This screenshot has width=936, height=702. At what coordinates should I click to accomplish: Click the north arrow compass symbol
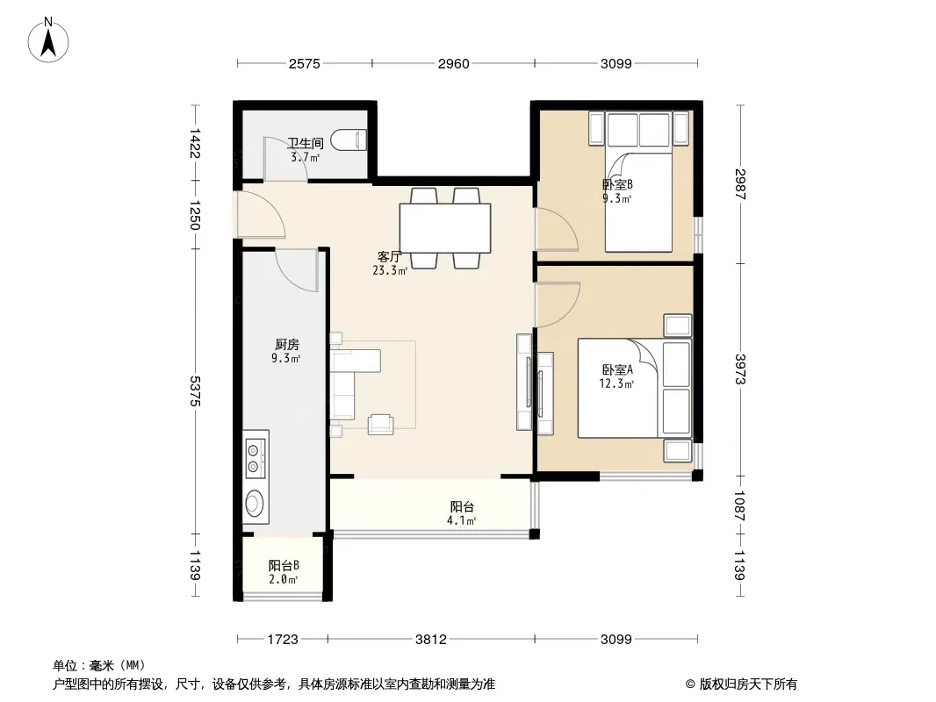tap(48, 40)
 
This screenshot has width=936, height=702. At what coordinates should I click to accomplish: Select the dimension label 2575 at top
tap(305, 64)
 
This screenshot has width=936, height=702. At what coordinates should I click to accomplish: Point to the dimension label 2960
tap(453, 64)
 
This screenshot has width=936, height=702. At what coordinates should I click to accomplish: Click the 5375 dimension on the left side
tap(194, 391)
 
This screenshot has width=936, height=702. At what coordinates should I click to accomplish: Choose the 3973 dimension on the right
tap(740, 369)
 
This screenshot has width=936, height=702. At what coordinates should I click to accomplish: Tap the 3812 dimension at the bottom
tap(431, 640)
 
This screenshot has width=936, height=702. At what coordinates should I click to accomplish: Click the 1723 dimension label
tap(283, 640)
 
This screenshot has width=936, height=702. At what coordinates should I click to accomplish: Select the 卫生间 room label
tap(305, 143)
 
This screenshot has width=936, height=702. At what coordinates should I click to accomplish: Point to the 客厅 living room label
tap(389, 257)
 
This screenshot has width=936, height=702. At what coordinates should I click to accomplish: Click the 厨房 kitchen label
tap(286, 345)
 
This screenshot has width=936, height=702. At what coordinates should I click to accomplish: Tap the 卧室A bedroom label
tap(617, 369)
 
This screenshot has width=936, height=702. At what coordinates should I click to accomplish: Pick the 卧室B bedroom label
tap(617, 185)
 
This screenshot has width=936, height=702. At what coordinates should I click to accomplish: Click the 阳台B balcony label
tap(284, 565)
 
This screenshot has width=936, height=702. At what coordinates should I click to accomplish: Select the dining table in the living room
tap(445, 228)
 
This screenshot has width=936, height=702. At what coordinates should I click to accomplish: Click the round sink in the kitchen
tap(255, 503)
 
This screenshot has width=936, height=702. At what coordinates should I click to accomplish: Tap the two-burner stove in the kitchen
tap(255, 457)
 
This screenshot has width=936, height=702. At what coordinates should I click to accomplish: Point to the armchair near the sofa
tap(380, 424)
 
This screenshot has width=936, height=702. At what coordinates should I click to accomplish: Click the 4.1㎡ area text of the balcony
tap(462, 520)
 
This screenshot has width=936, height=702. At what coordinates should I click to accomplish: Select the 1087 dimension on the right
tap(740, 505)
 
